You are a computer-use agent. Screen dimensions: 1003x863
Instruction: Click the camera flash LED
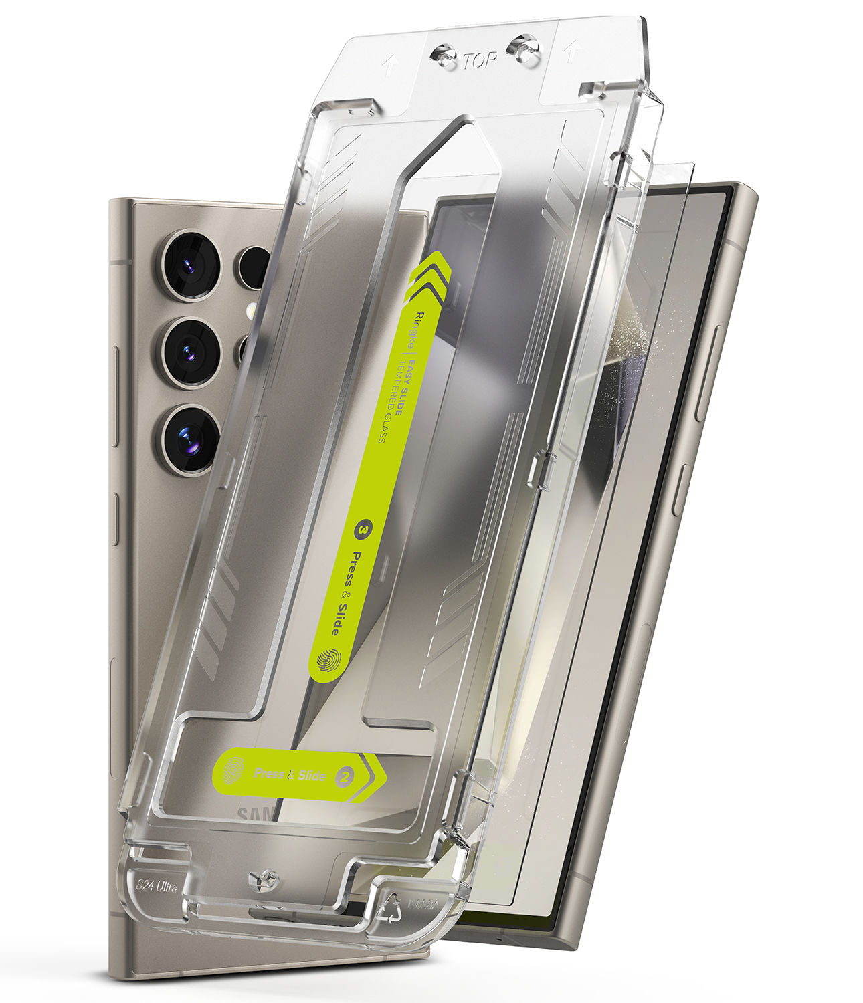[252, 309]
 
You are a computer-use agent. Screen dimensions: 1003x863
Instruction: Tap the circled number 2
[346, 776]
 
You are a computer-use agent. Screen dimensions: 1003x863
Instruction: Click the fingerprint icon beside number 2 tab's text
[234, 771]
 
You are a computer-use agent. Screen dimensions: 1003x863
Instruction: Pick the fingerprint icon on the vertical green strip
[328, 661]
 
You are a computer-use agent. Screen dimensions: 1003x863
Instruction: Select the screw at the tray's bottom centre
[264, 881]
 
